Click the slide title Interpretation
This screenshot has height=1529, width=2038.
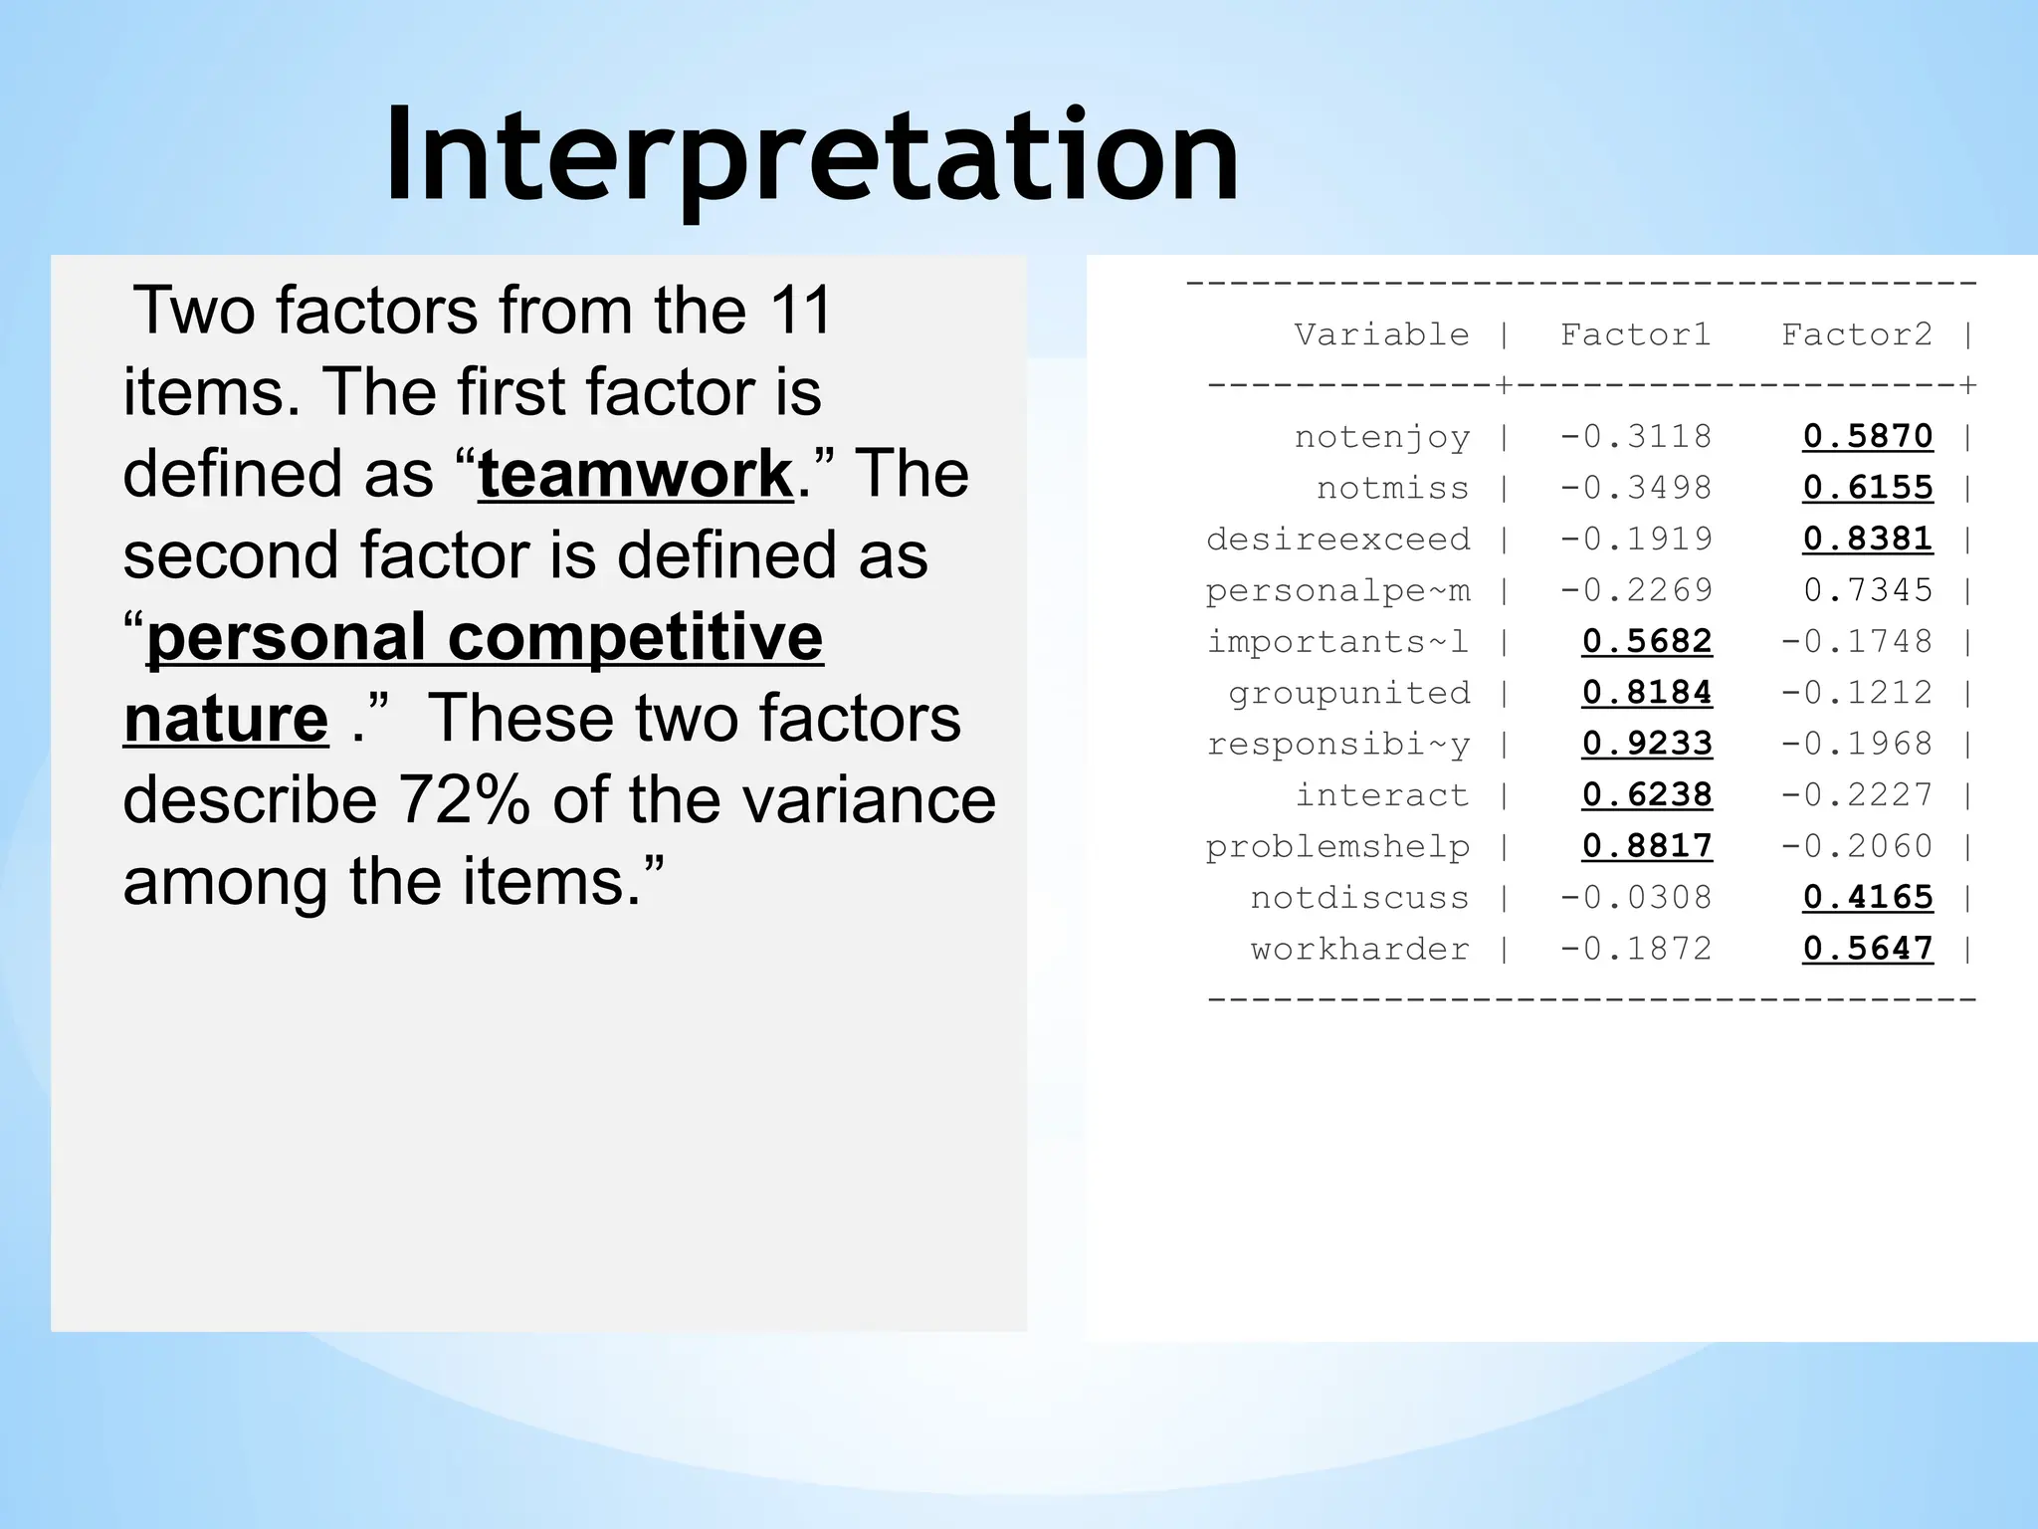[811, 157]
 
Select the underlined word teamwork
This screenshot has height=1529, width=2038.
[635, 474]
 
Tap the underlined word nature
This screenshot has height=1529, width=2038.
[226, 719]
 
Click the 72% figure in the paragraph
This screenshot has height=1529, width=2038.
[464, 800]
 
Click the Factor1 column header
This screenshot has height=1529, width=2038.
[1635, 334]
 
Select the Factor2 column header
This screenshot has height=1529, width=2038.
[1856, 334]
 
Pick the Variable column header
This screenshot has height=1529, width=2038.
[1381, 334]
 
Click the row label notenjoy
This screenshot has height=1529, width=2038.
[1381, 437]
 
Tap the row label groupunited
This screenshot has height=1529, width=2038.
[1348, 693]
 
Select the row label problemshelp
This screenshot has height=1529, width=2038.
[1337, 846]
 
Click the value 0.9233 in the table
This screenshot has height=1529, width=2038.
[1647, 744]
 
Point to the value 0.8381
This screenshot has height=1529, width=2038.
[1868, 539]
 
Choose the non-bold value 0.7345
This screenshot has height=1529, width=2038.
[1868, 590]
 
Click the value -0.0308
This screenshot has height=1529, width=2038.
[1635, 897]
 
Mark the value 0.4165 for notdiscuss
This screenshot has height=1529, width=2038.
[1868, 897]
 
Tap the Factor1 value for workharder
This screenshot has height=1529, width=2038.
[1635, 949]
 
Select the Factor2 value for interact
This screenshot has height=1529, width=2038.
[1856, 794]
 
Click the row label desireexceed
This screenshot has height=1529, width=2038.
[1337, 539]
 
